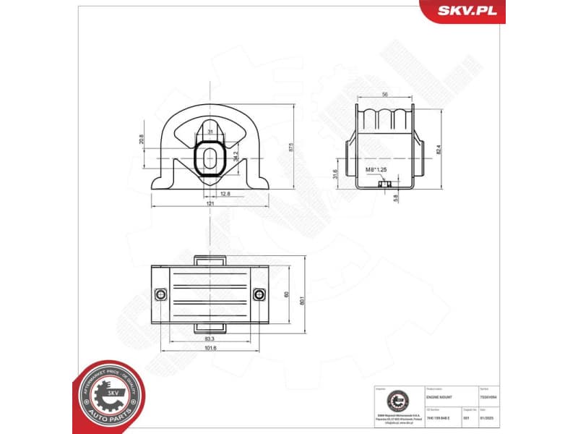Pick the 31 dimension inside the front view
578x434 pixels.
coord(210,132)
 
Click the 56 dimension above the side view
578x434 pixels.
coord(386,95)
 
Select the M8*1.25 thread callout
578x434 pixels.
coord(376,170)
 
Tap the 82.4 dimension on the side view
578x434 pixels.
coord(438,149)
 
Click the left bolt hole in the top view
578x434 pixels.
coord(161,294)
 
